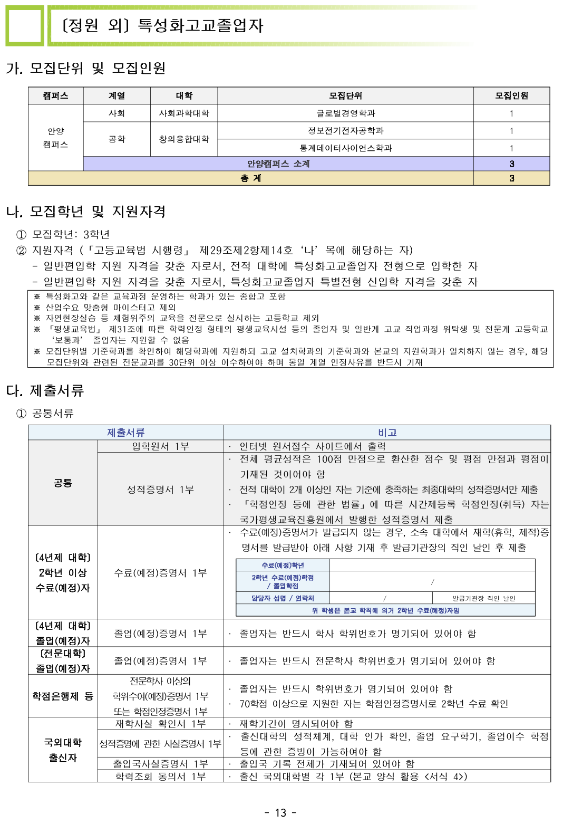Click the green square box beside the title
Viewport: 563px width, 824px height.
[x=24, y=26]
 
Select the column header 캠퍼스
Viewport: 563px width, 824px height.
[x=55, y=95]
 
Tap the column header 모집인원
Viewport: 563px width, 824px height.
[x=511, y=95]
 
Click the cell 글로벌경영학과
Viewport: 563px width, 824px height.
[x=345, y=113]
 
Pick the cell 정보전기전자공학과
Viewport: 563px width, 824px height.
[x=345, y=130]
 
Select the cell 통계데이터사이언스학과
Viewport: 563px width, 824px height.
[x=345, y=148]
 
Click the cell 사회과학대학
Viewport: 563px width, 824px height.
[x=184, y=113]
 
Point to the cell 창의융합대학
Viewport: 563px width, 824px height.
[x=184, y=139]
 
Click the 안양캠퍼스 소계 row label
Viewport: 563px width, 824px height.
[x=278, y=164]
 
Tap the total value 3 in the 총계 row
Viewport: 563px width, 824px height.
[x=511, y=178]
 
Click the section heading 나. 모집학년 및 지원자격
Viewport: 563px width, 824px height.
[x=86, y=212]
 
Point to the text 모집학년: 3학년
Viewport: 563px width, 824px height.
[x=71, y=234]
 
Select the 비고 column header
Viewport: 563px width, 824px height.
[x=387, y=433]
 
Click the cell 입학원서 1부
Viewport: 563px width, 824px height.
[x=160, y=446]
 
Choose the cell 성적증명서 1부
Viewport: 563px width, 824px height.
[x=160, y=490]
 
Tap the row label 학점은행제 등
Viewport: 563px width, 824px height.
[x=63, y=696]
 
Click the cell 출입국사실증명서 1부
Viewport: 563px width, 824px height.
[x=160, y=763]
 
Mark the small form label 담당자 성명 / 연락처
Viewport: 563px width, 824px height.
[x=283, y=598]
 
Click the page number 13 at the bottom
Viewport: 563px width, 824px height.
[x=280, y=812]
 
